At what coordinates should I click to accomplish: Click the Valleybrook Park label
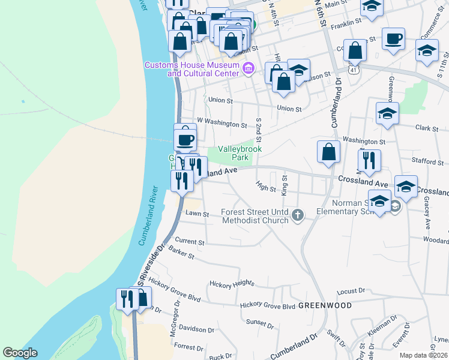click(x=240, y=153)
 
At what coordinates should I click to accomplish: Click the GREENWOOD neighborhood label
click(x=325, y=305)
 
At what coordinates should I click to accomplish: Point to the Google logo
click(x=20, y=353)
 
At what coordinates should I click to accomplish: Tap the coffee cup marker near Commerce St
click(x=393, y=39)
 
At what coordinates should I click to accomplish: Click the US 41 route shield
click(x=355, y=70)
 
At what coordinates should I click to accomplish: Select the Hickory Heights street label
click(x=231, y=283)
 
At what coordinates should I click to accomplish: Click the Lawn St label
click(x=197, y=214)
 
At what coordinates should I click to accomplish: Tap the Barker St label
click(x=182, y=253)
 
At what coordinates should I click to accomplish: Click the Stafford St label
click(x=427, y=161)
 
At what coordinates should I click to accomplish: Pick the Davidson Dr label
click(x=196, y=329)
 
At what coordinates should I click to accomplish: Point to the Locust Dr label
click(x=351, y=292)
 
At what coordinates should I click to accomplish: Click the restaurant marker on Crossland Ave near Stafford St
click(x=369, y=160)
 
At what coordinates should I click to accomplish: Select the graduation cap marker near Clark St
click(x=387, y=112)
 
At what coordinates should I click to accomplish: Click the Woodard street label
click(x=435, y=240)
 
